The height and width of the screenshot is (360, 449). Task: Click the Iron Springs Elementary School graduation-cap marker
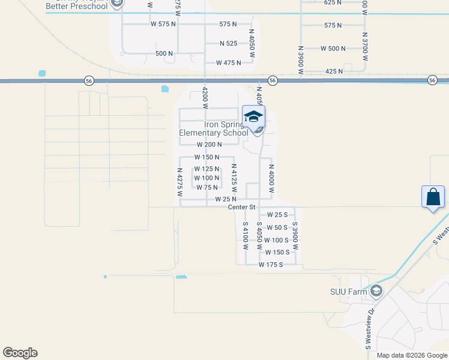click(253, 116)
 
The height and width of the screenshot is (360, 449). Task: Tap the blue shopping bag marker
click(433, 197)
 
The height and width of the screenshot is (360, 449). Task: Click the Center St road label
click(242, 207)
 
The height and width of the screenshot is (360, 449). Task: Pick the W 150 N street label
click(206, 157)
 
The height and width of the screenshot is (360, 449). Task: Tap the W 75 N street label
click(206, 187)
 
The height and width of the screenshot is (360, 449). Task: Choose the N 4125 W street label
click(235, 178)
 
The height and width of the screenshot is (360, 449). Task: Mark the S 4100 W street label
click(246, 236)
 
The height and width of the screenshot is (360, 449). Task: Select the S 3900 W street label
click(295, 236)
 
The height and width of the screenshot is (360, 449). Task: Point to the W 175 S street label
click(270, 265)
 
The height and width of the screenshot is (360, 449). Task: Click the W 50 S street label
click(277, 227)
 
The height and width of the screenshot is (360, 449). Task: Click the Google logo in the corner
click(20, 353)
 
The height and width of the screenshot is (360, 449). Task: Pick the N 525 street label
click(229, 43)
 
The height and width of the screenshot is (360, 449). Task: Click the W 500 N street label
click(333, 48)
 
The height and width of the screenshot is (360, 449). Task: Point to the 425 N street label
click(333, 71)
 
